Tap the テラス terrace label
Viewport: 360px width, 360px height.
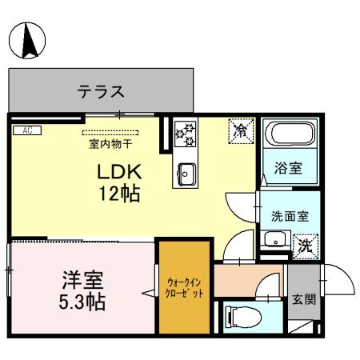(102, 92)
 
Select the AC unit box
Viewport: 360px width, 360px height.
(26, 130)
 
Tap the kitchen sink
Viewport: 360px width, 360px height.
(188, 173)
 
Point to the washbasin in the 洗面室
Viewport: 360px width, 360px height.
(275, 239)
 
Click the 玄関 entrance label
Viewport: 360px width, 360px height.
(305, 300)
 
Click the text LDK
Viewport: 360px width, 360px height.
(120, 171)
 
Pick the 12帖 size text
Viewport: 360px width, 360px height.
(120, 194)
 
